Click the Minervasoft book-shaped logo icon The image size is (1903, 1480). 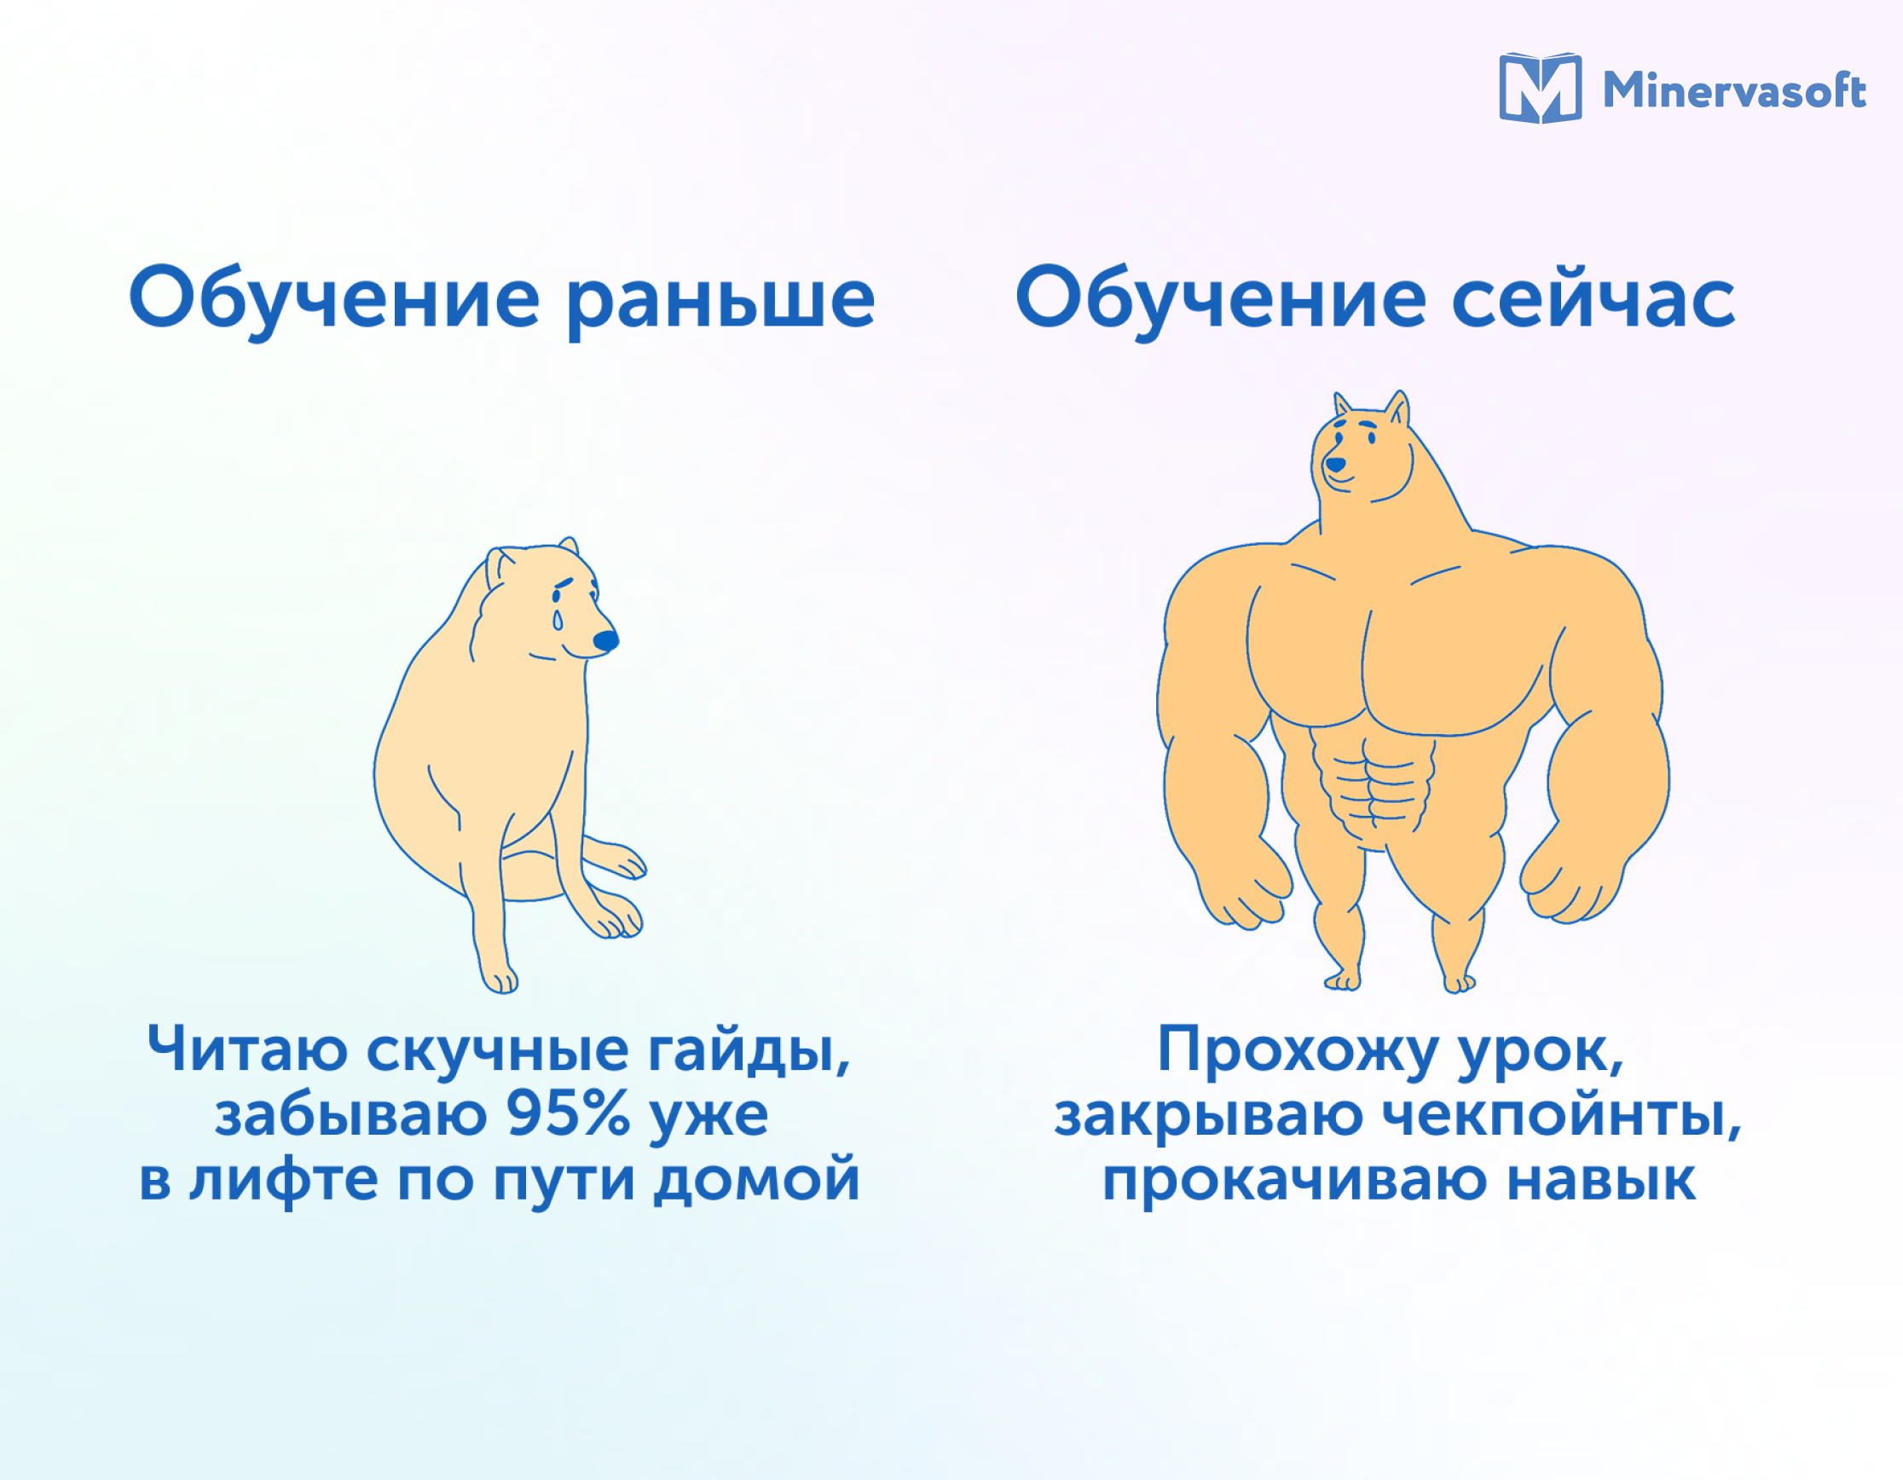1540,88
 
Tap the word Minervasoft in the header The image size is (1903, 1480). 1734,90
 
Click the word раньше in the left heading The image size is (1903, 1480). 720,302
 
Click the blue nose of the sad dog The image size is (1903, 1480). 605,641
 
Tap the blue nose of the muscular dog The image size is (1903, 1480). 1335,465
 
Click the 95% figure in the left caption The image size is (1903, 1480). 567,1113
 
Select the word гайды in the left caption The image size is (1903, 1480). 749,1051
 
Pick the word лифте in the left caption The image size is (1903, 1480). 283,1179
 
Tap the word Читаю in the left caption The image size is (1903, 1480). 247,1049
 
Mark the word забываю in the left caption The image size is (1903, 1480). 350,1115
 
